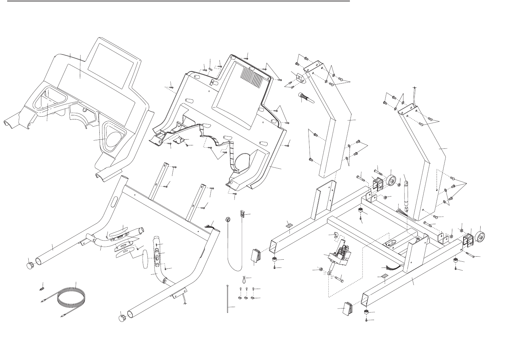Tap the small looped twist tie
point(244,280)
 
